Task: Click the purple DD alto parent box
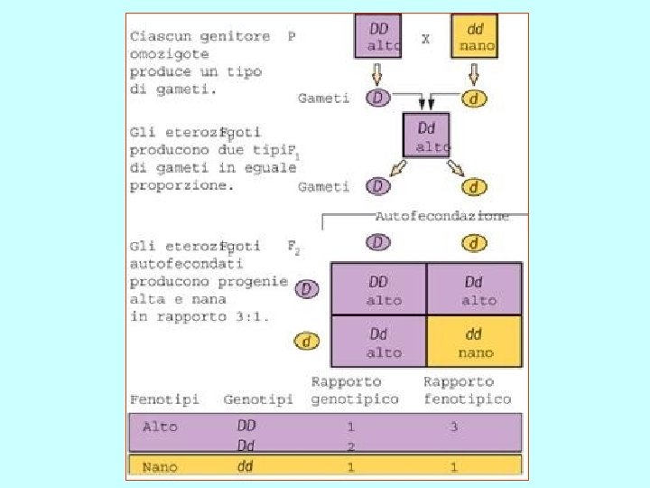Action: tap(378, 36)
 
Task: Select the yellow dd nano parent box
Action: tap(475, 36)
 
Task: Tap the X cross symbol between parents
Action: tap(425, 39)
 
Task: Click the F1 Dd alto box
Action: tap(427, 136)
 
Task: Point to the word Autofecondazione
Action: tap(441, 216)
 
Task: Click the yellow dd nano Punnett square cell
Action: tap(474, 342)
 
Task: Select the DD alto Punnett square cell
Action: tap(379, 289)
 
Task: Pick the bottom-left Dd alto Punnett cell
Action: tap(379, 342)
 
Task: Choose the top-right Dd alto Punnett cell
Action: tap(474, 289)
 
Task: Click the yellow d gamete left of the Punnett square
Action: tap(308, 342)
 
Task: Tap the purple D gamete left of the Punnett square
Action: tap(308, 289)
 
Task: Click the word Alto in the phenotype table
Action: tap(160, 426)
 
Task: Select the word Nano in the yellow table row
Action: tap(160, 467)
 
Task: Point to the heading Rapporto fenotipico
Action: tap(466, 390)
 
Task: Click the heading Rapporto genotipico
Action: tap(354, 390)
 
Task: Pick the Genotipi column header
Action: tap(258, 399)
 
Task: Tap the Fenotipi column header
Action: tap(164, 399)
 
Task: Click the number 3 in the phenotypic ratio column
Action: tap(453, 427)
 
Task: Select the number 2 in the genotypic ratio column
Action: tap(350, 446)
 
